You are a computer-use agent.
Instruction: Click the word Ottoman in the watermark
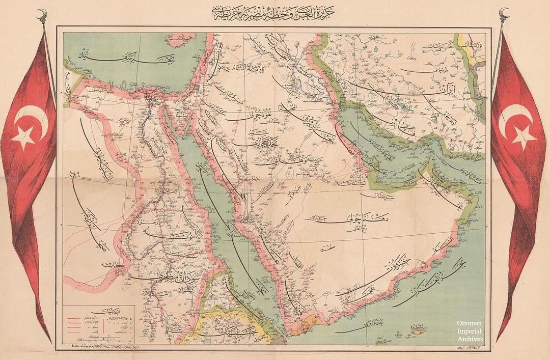click(x=469, y=323)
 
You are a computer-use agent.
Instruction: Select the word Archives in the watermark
click(x=469, y=338)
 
